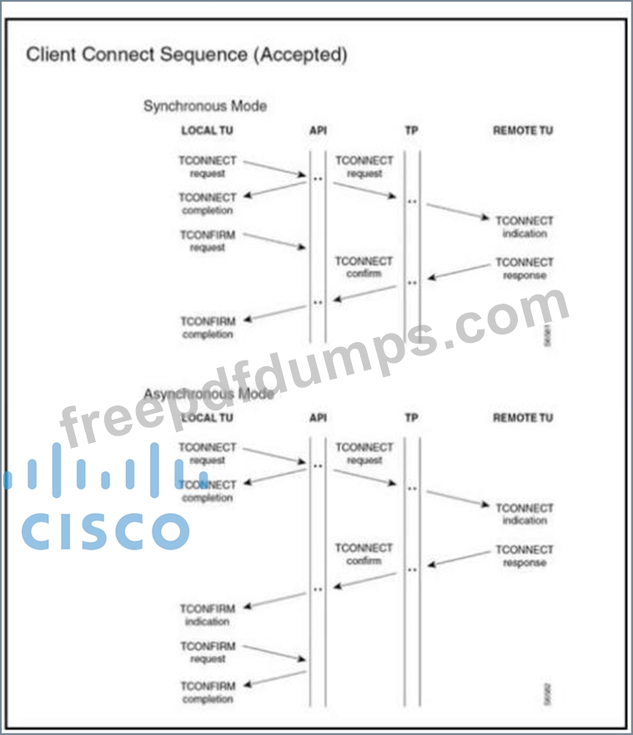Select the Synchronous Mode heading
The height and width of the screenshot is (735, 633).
[x=205, y=106]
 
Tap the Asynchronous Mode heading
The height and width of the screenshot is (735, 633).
[x=208, y=393]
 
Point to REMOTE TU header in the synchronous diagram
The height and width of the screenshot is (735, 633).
[x=522, y=130]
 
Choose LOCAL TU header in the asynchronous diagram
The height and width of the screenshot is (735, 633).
[x=207, y=417]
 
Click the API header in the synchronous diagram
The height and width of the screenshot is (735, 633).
[x=318, y=130]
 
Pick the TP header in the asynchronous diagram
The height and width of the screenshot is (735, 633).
[x=411, y=417]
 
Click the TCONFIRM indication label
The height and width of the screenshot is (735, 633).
[x=208, y=615]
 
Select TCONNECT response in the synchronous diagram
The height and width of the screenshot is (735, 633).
[x=524, y=269]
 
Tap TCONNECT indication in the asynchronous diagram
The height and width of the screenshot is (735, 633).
[x=524, y=514]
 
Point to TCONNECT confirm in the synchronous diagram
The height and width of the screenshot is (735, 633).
[x=364, y=267]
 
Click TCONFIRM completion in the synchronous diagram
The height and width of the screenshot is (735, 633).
[x=208, y=328]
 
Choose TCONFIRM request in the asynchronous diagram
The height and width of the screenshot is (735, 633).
[x=208, y=652]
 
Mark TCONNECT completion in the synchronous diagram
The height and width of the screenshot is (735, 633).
[x=208, y=204]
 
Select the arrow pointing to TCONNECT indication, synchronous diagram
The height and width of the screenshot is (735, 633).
[x=457, y=211]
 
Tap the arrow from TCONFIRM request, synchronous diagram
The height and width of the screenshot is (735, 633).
[x=275, y=240]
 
